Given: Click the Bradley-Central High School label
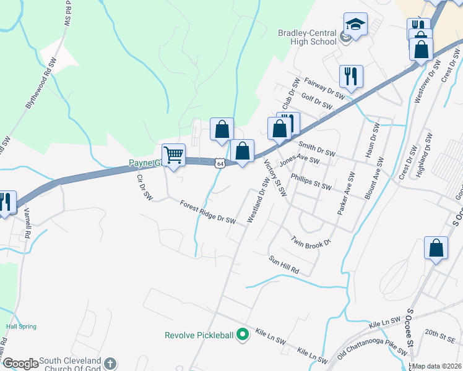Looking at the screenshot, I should coord(306,37).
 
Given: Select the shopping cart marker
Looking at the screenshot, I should coord(174,155).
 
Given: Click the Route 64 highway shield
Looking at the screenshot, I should coord(220,164).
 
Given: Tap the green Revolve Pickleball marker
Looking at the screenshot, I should coord(243,335).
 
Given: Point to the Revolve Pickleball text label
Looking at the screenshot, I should coord(199,336).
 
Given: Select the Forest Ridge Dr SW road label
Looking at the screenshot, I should coord(208,211).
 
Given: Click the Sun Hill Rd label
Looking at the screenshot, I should coord(283,265).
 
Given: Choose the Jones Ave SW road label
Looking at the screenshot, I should coord(299,161).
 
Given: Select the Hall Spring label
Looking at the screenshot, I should coord(21,326).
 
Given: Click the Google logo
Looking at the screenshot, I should coord(20,364).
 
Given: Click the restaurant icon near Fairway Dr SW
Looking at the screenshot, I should coord(351,76).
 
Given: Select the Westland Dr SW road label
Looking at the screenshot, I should coord(259,200).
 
